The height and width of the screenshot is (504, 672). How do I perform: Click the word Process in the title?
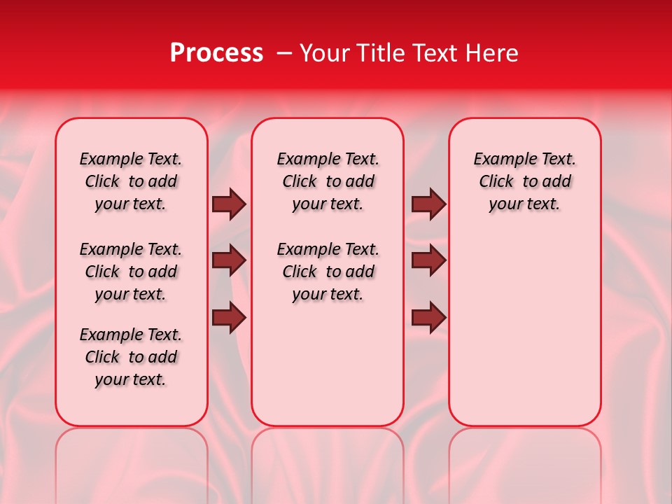(x=216, y=53)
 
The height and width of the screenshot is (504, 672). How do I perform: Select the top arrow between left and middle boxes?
(x=229, y=204)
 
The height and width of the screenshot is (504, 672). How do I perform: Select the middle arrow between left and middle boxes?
(x=229, y=260)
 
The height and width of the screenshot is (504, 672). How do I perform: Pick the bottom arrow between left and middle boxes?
(x=229, y=318)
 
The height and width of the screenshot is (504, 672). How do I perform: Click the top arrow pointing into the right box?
(x=428, y=204)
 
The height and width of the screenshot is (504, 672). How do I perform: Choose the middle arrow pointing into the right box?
(x=428, y=260)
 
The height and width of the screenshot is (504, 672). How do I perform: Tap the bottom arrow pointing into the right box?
(x=428, y=318)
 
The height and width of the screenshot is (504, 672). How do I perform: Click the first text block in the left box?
(x=131, y=181)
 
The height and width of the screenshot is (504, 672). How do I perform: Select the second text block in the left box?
(x=131, y=272)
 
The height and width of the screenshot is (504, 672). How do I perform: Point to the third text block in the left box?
(x=131, y=357)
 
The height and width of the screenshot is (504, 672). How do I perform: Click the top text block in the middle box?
(x=328, y=181)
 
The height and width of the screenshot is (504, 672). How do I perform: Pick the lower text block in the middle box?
(x=328, y=272)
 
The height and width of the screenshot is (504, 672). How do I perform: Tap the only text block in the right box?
(x=524, y=181)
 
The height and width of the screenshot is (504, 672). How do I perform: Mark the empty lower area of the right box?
(x=524, y=329)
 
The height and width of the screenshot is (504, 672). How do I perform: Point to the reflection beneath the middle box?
(x=328, y=455)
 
